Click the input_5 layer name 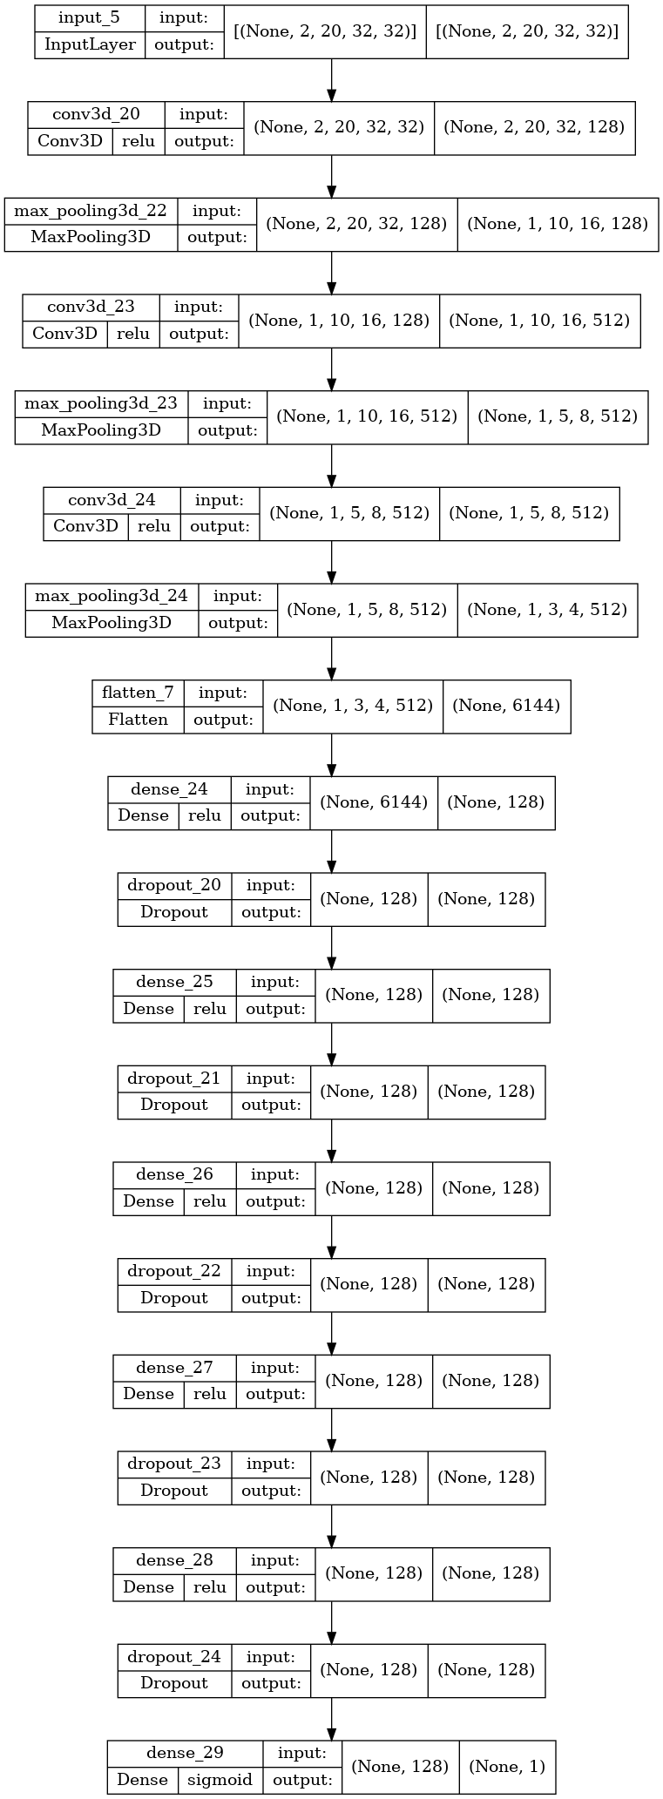tap(91, 18)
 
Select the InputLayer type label tap(91, 45)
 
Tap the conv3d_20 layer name tap(96, 114)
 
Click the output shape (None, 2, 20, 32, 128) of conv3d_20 tap(534, 127)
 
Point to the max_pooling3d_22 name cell tap(91, 211)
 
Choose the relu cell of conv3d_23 tap(133, 334)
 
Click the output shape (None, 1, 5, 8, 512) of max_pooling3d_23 tap(558, 416)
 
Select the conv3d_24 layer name tap(112, 500)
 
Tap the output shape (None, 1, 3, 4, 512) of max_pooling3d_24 tap(547, 609)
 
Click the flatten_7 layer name tap(138, 693)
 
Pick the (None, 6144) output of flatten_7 tap(506, 706)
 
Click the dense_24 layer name tap(169, 789)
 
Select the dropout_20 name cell tap(174, 885)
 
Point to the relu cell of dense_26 tap(209, 1201)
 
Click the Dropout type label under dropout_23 tap(174, 1491)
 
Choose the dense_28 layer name tap(174, 1559)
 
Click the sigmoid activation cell tap(219, 1780)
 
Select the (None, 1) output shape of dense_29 tap(507, 1766)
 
